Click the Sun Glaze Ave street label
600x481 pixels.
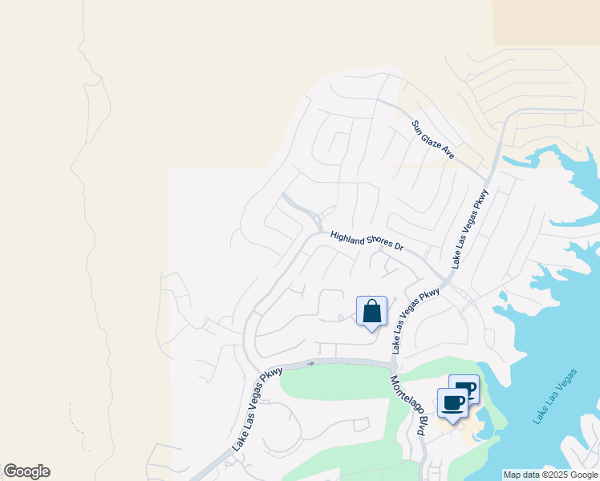pyautogui.click(x=433, y=139)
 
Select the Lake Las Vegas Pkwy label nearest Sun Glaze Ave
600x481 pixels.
pyautogui.click(x=470, y=228)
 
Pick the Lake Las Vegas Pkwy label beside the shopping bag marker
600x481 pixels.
pyautogui.click(x=416, y=321)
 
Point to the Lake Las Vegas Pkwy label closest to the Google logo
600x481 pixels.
pyautogui.click(x=258, y=408)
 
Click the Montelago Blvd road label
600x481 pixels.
pyautogui.click(x=407, y=406)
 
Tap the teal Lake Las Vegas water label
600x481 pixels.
pyautogui.click(x=554, y=398)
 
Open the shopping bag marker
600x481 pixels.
pyautogui.click(x=371, y=311)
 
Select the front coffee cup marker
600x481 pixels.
pyautogui.click(x=452, y=403)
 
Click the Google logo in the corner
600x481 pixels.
pyautogui.click(x=26, y=471)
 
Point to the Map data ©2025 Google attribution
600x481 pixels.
pyautogui.click(x=550, y=475)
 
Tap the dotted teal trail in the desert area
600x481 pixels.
pyautogui.click(x=80, y=429)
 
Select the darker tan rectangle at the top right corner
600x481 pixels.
pyautogui.click(x=546, y=22)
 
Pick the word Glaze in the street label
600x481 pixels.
pyautogui.click(x=434, y=139)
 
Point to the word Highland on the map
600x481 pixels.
pyautogui.click(x=348, y=237)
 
